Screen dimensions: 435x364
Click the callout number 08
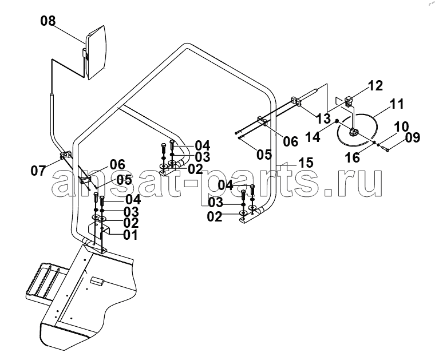click(48, 21)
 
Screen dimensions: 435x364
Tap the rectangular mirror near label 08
click(96, 53)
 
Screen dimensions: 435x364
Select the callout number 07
click(38, 171)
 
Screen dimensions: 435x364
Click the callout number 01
click(130, 235)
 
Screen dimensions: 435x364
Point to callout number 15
click(306, 163)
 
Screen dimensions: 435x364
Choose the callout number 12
click(375, 86)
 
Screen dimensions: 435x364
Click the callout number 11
click(397, 104)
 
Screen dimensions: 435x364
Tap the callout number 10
click(401, 126)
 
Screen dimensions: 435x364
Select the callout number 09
click(413, 137)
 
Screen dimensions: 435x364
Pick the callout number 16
click(353, 157)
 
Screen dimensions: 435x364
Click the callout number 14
click(313, 137)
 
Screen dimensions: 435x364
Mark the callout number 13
click(324, 118)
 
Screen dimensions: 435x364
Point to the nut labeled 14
click(336, 121)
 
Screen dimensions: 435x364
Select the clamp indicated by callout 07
click(66, 155)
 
